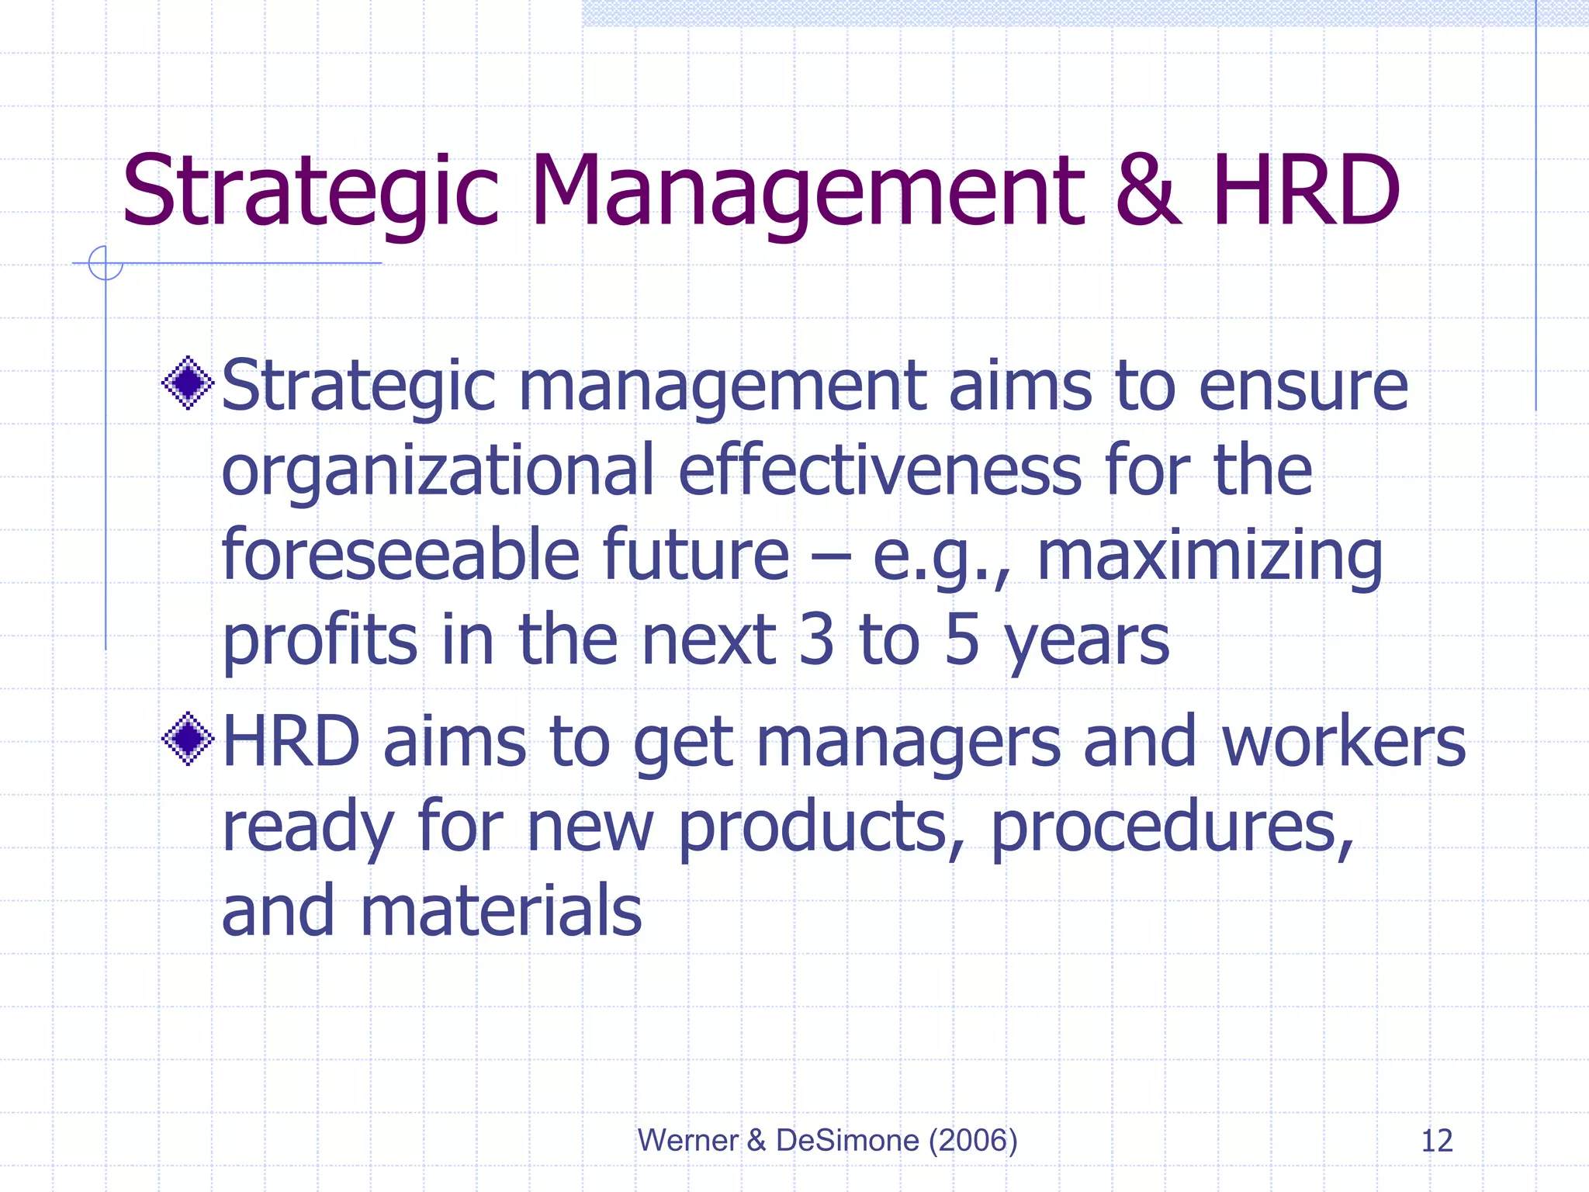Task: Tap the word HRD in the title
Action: (1307, 191)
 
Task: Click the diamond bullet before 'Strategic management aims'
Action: (188, 383)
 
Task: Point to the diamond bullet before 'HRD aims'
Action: (188, 739)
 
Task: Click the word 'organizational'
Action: (438, 472)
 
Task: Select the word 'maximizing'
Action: (1209, 557)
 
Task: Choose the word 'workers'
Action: (1344, 742)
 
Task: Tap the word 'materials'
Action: (500, 911)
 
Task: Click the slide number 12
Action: (1436, 1141)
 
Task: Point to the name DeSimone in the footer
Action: (847, 1140)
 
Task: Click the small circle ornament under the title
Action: (106, 263)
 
